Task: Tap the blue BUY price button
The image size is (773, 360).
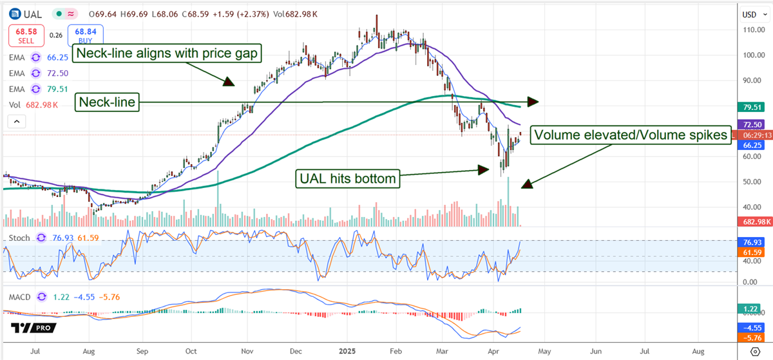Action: tap(89, 35)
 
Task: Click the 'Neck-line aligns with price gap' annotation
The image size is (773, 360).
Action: tap(168, 53)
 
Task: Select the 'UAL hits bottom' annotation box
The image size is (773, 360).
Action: tap(348, 178)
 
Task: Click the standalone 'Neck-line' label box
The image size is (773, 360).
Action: tap(108, 102)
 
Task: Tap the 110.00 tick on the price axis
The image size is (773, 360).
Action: tap(754, 30)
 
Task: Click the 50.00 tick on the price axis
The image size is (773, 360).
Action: tap(754, 182)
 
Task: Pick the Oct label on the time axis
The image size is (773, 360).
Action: tap(191, 352)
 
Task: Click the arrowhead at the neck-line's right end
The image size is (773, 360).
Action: tap(533, 101)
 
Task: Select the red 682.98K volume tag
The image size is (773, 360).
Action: tap(754, 222)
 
